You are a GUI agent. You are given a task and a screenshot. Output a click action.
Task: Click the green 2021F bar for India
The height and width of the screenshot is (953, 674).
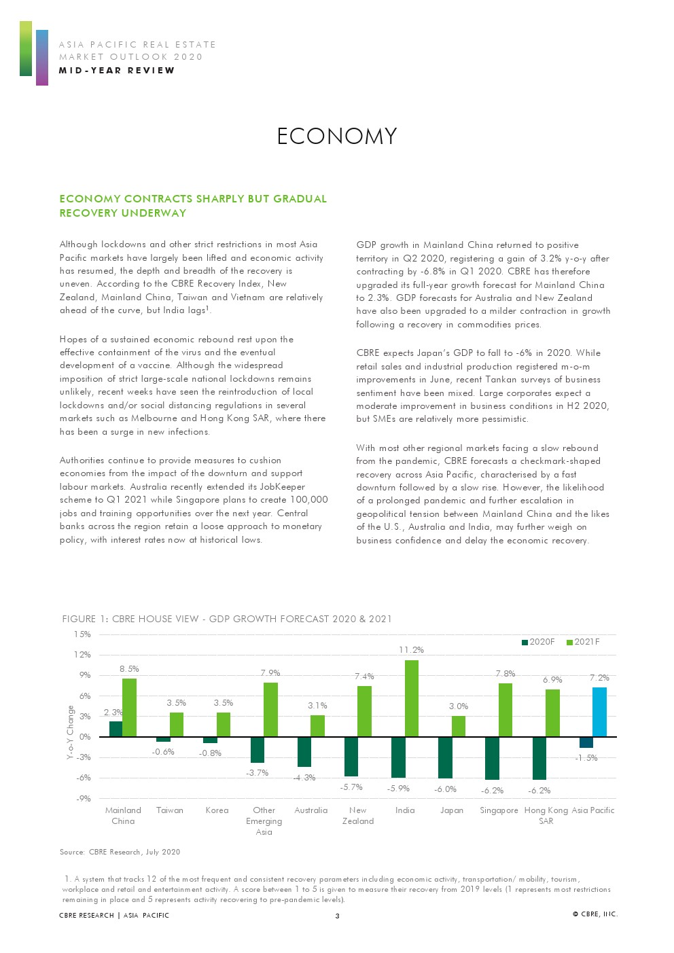point(411,698)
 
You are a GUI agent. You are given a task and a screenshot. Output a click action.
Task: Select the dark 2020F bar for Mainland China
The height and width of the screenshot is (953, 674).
point(116,729)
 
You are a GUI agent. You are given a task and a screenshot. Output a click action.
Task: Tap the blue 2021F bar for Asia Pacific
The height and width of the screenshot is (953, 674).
point(599,712)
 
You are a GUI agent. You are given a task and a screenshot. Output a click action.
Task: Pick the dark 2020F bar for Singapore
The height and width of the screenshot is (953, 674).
point(492,758)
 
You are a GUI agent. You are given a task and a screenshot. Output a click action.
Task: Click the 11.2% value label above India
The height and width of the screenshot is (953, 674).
point(411,650)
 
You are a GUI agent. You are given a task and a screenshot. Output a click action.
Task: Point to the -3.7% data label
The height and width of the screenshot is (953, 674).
point(258,773)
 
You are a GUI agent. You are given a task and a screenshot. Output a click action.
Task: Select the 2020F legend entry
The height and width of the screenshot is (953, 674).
point(538,642)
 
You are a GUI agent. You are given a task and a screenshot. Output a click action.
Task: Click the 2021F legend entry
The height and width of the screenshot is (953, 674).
point(584,642)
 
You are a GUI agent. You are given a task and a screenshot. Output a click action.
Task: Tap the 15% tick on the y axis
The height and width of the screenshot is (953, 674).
point(82,634)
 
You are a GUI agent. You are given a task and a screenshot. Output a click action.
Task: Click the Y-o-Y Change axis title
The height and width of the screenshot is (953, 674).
point(70,732)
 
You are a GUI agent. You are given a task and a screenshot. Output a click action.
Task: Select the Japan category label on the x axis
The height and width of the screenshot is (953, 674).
point(452,810)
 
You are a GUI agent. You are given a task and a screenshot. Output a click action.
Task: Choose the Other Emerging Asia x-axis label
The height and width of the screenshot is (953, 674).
point(264,821)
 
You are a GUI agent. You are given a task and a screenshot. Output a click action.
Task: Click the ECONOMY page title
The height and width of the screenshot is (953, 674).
point(337,137)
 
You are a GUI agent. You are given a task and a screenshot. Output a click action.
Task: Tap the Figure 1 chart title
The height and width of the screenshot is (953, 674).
point(227,619)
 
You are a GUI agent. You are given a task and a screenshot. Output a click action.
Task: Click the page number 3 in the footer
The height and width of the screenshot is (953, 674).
point(337,916)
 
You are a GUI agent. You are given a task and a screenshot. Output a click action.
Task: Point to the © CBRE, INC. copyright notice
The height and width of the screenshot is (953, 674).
point(595,914)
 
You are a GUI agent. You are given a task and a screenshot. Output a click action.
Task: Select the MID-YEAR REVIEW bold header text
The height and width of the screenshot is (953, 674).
point(117,71)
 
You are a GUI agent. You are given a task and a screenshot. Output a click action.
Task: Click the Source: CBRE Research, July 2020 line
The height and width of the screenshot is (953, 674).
point(120,852)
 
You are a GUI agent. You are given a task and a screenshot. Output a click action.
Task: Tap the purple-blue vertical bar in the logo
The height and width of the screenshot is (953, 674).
point(42,58)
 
